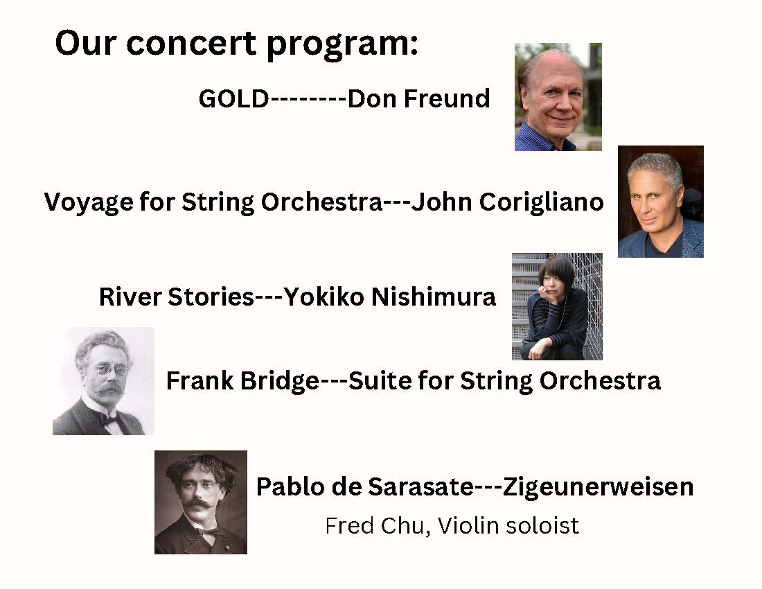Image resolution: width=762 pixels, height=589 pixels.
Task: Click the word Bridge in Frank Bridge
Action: click(x=278, y=381)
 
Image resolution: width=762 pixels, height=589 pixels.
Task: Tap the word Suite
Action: click(x=375, y=381)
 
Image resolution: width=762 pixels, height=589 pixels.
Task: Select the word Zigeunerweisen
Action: click(x=598, y=486)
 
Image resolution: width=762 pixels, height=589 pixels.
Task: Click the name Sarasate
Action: click(x=419, y=486)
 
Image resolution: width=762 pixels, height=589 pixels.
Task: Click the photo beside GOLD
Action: click(x=558, y=97)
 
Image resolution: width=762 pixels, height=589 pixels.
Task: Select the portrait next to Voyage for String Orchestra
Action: click(x=660, y=202)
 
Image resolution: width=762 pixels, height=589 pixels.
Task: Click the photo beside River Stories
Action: click(x=557, y=306)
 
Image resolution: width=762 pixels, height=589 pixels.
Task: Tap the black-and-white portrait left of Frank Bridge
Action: click(x=103, y=381)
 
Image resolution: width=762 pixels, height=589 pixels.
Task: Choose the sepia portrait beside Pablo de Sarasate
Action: click(x=200, y=502)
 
